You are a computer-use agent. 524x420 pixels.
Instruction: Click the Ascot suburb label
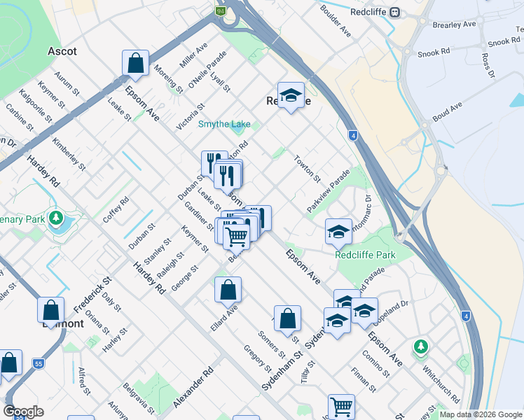(62, 51)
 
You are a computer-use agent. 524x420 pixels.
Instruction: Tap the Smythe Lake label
(223, 125)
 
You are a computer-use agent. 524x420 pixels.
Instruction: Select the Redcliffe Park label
(365, 255)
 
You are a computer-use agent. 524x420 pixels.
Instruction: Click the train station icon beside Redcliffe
(395, 13)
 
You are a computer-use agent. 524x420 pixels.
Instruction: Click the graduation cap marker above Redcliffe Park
(338, 232)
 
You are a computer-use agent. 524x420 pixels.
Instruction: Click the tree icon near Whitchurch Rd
(420, 346)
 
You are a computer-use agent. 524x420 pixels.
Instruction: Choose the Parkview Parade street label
(328, 191)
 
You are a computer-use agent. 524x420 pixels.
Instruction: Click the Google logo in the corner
(23, 412)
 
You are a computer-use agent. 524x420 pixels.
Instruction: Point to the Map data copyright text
(480, 414)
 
